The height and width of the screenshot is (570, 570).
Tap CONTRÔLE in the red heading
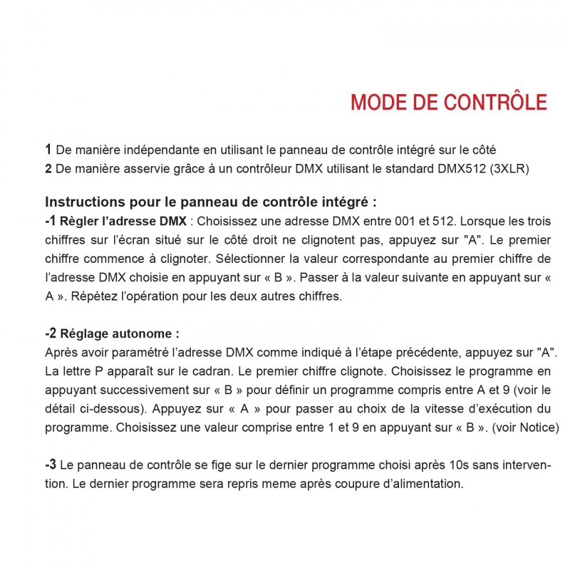pos(496,102)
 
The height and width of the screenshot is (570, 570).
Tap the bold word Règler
pos(81,221)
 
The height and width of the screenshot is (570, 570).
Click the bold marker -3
pos(51,465)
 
